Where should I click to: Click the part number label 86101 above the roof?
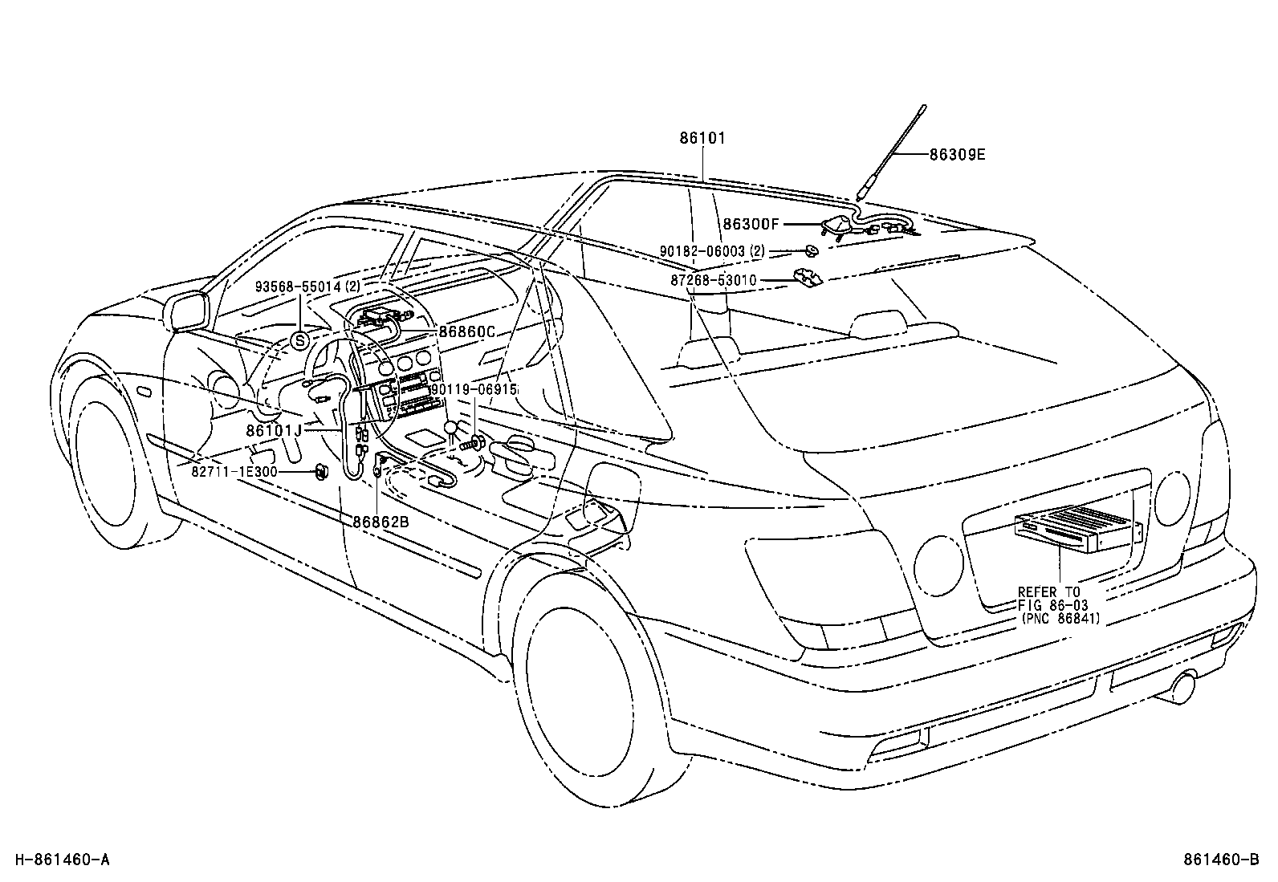tap(702, 138)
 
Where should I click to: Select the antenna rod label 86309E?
tap(957, 155)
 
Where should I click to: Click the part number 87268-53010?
tap(714, 281)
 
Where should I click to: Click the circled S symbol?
tap(299, 340)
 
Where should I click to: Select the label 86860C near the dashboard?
tap(466, 331)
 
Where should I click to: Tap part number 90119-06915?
tap(474, 389)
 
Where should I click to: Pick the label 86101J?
tap(274, 430)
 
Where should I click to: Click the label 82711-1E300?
tap(234, 472)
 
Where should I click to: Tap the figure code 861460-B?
tap(1220, 860)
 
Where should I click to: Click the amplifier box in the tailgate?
tap(1076, 530)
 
